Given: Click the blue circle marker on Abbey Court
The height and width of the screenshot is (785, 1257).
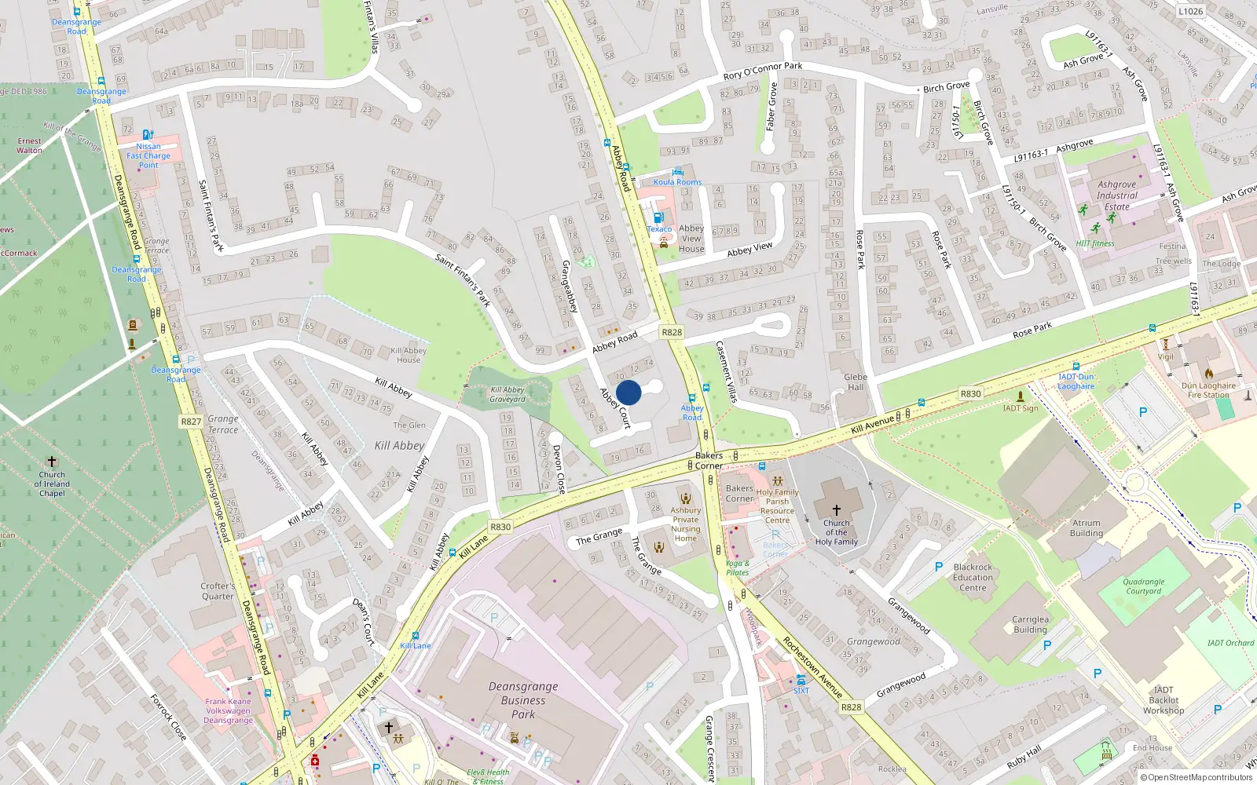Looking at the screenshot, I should point(628,392).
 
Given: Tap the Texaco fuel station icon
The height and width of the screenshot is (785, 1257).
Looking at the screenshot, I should point(658,217).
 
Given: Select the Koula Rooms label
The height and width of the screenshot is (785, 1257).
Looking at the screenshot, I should point(677,182).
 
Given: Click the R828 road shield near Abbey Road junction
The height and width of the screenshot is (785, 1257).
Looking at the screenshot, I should point(672,332).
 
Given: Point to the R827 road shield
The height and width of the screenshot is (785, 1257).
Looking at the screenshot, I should point(191,422).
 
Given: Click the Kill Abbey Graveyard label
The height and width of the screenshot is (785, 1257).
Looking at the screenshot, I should point(508,394).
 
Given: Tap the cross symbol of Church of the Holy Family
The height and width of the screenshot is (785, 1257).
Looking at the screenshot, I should point(836,510).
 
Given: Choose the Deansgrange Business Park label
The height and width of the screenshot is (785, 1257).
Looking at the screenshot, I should point(523,700).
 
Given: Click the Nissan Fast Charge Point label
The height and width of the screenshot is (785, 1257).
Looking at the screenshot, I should point(148,155).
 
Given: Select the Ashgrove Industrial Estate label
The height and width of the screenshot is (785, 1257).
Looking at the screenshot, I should point(1116,195).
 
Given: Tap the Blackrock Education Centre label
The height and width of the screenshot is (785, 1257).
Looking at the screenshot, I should point(973,577).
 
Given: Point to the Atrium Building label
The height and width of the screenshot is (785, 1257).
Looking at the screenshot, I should point(1086,528).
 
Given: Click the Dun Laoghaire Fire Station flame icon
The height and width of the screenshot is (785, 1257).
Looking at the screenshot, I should point(1209,374).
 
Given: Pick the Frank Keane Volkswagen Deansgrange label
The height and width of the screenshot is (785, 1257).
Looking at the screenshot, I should point(229,711).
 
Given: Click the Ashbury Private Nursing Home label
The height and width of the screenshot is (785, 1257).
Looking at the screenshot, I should point(685,524).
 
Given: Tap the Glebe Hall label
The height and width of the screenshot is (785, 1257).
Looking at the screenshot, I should point(856,382).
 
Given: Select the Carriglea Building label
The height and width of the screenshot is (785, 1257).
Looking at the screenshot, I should point(1030,624).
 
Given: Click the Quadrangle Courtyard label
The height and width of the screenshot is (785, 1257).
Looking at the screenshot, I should point(1143,586).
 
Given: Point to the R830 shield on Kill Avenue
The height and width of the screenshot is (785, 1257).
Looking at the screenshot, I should point(970,394).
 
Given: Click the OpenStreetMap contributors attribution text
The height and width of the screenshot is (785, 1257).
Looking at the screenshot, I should point(1195,777).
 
